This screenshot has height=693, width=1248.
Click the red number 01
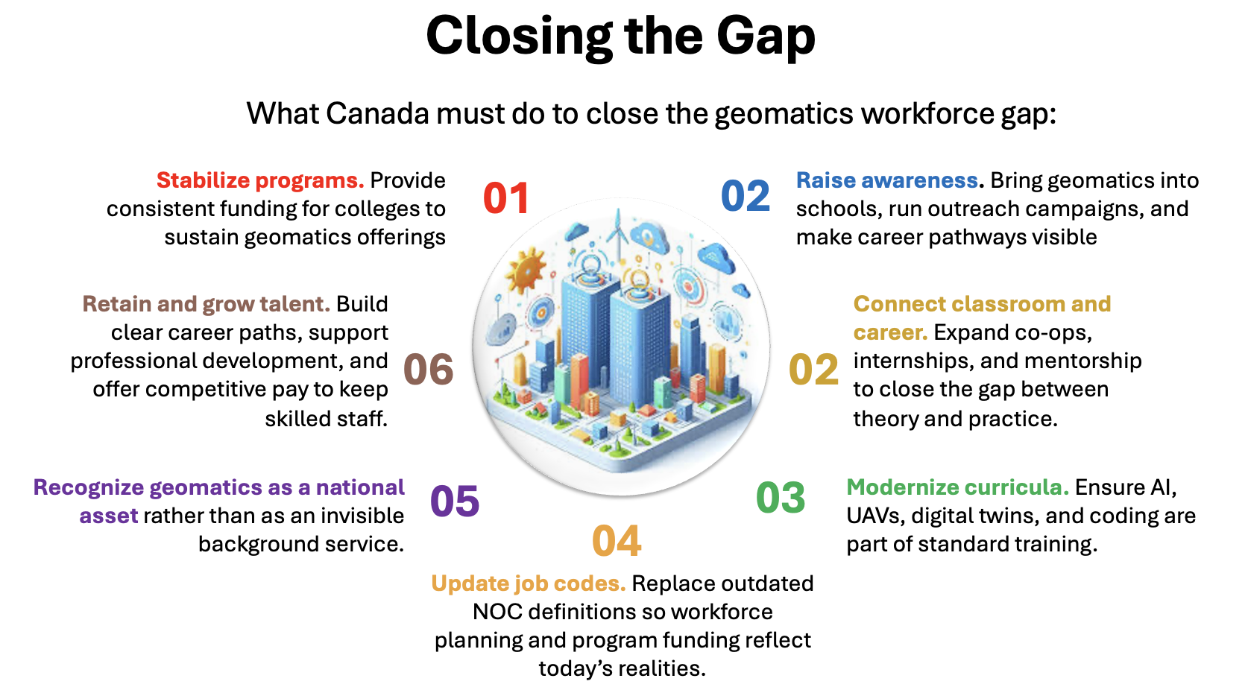(x=506, y=197)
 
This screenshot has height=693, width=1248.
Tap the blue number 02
(x=746, y=195)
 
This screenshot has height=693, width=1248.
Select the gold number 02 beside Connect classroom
(x=814, y=370)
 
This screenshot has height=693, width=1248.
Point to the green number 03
(x=781, y=498)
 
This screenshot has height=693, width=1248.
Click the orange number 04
(x=617, y=541)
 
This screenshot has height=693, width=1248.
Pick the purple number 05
(x=455, y=500)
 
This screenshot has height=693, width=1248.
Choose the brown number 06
(x=429, y=369)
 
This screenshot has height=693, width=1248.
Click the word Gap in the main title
(x=766, y=37)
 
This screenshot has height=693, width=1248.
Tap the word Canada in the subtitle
(x=377, y=114)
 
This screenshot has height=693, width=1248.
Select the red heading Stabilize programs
(x=260, y=180)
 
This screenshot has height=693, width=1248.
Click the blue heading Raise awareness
(x=887, y=180)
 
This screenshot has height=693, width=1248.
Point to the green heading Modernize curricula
(x=958, y=487)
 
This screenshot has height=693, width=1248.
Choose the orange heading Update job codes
(x=528, y=583)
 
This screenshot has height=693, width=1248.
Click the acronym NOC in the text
(x=497, y=612)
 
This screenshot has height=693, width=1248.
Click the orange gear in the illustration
(x=525, y=271)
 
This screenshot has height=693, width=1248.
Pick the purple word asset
(x=109, y=516)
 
